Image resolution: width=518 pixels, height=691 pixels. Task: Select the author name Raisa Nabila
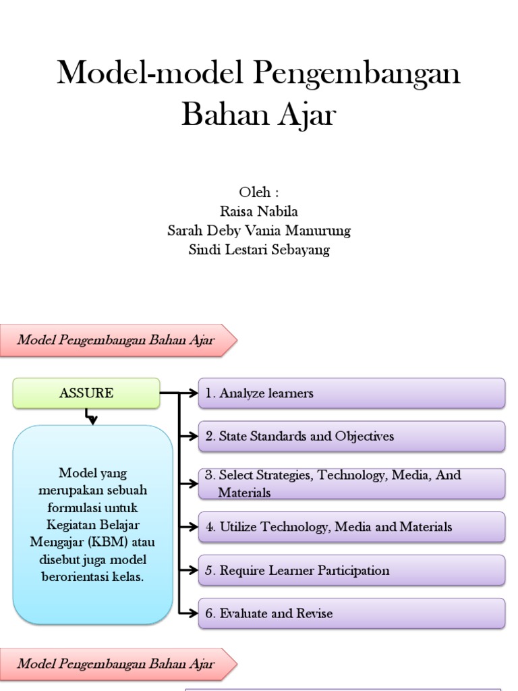(259, 211)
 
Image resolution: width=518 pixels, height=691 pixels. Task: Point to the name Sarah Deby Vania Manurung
(259, 231)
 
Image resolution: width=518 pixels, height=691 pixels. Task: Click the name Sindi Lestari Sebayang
(259, 250)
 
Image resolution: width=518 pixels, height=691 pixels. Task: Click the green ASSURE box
(86, 393)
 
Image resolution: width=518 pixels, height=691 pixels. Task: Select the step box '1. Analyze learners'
(351, 393)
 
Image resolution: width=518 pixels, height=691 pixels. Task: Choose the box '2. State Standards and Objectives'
(351, 437)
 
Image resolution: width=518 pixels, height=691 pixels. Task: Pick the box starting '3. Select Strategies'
(351, 484)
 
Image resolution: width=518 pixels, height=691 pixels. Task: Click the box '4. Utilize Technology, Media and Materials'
(351, 527)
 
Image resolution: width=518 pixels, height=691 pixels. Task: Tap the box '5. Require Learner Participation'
(351, 570)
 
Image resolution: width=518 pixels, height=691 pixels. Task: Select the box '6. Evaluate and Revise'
(351, 613)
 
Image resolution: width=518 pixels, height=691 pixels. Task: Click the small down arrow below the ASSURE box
(92, 419)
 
